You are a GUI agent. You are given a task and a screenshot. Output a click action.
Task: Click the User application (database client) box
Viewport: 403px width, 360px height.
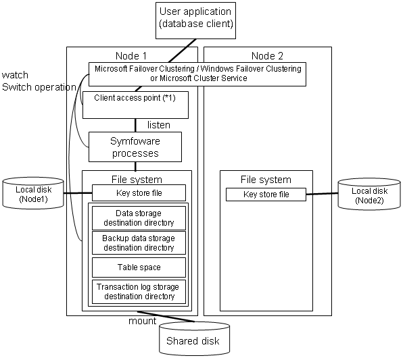tap(195, 20)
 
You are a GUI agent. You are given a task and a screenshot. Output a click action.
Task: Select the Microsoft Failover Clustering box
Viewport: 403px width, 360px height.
tap(197, 74)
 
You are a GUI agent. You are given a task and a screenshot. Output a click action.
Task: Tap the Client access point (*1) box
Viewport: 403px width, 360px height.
tap(135, 105)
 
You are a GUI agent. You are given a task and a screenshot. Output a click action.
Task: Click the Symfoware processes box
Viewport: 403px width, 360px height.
tap(135, 147)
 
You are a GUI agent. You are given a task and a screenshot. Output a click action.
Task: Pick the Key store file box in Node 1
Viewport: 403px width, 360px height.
tap(139, 192)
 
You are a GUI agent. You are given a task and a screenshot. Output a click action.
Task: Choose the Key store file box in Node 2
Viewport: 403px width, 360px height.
tap(266, 195)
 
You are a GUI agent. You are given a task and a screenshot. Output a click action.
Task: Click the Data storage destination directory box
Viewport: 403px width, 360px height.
tap(139, 218)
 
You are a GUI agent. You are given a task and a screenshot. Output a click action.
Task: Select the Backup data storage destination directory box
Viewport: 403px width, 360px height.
tap(139, 243)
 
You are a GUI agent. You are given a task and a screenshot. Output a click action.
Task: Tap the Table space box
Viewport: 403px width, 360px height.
tap(139, 267)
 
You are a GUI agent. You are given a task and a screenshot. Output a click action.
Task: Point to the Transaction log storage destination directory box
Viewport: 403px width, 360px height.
tap(139, 292)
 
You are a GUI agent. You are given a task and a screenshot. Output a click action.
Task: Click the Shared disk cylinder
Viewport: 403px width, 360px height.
tap(194, 338)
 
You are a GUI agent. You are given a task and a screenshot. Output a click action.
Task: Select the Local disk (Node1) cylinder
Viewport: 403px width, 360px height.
tap(33, 193)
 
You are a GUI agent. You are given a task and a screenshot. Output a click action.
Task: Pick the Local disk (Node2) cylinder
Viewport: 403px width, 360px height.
tap(369, 195)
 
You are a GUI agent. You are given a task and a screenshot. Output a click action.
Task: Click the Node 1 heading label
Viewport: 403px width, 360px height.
tap(131, 55)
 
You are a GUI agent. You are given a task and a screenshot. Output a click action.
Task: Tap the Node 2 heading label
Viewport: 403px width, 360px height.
tap(267, 55)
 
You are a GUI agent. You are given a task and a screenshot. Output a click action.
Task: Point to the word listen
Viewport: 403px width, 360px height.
tap(159, 125)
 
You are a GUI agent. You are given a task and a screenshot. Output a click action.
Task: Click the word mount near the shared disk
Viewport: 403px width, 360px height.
tap(143, 321)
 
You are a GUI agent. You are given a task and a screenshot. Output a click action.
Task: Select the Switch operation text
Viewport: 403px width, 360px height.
tap(39, 87)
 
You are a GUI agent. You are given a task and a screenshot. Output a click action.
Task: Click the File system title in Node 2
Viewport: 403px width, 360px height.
tap(266, 180)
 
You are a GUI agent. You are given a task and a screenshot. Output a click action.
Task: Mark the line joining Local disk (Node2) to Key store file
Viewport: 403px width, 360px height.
tap(322, 194)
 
